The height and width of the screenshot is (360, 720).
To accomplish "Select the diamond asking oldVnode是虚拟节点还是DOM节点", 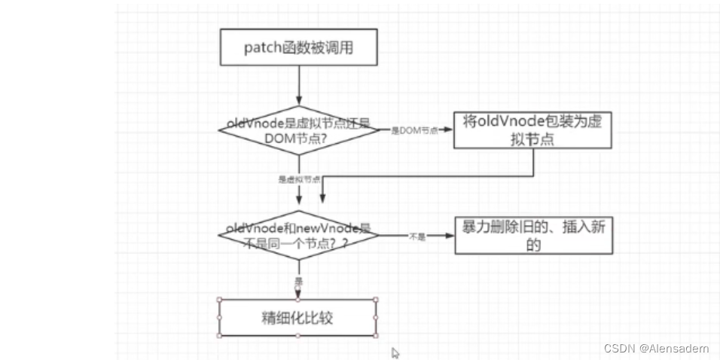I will [x=299, y=130].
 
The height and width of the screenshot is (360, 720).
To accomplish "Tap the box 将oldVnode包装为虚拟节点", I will [x=532, y=130].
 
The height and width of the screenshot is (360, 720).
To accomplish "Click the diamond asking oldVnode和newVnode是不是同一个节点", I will [x=299, y=235].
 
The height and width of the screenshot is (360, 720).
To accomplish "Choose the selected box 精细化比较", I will [x=297, y=318].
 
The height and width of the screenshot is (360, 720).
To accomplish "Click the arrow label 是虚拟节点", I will [x=300, y=179].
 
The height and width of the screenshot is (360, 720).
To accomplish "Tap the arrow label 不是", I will [x=417, y=236].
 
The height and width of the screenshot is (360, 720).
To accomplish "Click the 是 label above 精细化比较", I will [x=299, y=280].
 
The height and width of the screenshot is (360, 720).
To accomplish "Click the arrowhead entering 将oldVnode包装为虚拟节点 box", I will [x=450, y=129].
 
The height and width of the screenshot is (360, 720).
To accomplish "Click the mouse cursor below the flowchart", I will [x=395, y=352].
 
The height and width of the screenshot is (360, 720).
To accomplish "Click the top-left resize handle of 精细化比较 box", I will [x=219, y=300].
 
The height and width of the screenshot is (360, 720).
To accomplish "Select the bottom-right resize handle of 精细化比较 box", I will [x=376, y=336].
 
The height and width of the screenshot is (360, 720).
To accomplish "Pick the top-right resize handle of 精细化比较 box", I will [x=376, y=300].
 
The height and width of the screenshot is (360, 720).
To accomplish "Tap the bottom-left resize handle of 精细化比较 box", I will [x=219, y=336].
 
